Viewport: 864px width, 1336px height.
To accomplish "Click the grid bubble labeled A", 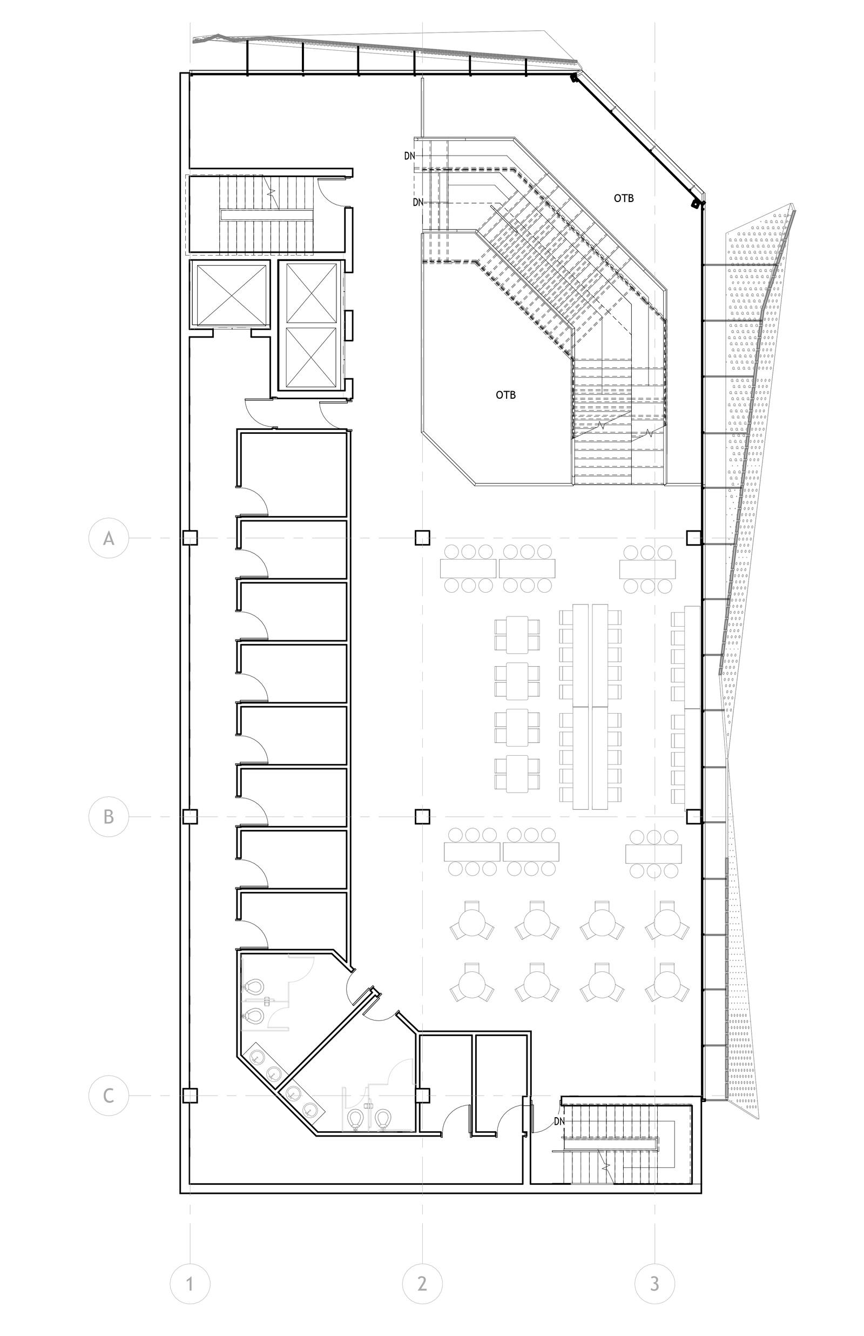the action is pos(109,538).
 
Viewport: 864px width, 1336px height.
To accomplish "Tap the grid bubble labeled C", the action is pos(109,1095).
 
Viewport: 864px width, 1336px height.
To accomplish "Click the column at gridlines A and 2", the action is pos(422,538).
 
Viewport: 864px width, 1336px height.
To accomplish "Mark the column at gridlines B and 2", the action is pos(422,816).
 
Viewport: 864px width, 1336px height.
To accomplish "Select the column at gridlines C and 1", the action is pos(190,1095).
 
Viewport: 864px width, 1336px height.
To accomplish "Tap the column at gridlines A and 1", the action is pos(190,538).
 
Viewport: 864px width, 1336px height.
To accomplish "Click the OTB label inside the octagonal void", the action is pos(505,395).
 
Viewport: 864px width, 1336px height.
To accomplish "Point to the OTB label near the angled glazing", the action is pos(624,198).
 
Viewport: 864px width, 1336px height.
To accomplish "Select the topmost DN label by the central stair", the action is pos(410,156).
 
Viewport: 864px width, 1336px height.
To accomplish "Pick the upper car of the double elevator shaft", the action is pos(311,293).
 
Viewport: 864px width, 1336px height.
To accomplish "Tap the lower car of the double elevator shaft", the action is pos(311,357).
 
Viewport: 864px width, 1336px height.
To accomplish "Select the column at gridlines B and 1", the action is pos(190,816).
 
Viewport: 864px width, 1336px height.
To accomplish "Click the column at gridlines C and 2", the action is pos(422,1095).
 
